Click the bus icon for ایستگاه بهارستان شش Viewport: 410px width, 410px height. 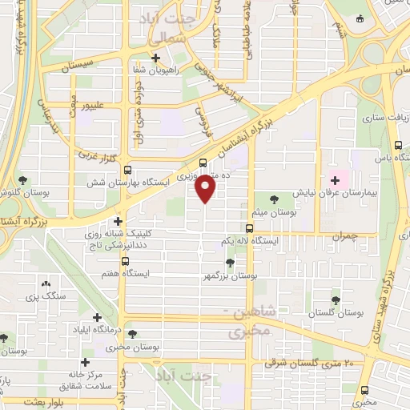click(127, 170)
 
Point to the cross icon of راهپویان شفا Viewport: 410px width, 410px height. click(156, 58)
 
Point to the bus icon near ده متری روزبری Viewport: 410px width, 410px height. click(202, 161)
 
